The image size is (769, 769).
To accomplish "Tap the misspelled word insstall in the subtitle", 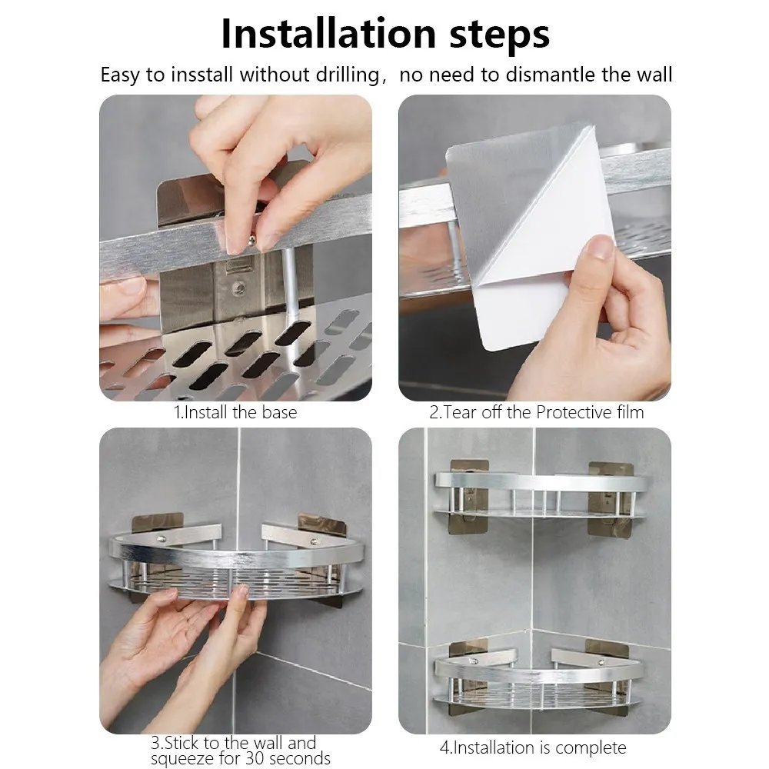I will tap(198, 75).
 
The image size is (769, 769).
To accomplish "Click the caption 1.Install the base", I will tap(235, 412).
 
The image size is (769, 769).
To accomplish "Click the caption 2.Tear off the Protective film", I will tap(536, 412).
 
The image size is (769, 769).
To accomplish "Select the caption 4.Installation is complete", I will tap(533, 747).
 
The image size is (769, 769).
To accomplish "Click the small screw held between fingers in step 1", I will tap(251, 241).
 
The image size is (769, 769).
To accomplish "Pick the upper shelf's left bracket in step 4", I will tap(468, 492).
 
